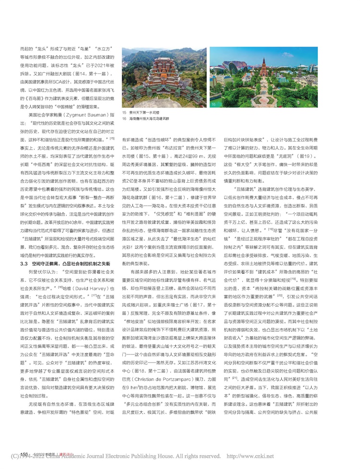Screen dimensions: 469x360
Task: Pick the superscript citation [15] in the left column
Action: click(111, 137)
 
